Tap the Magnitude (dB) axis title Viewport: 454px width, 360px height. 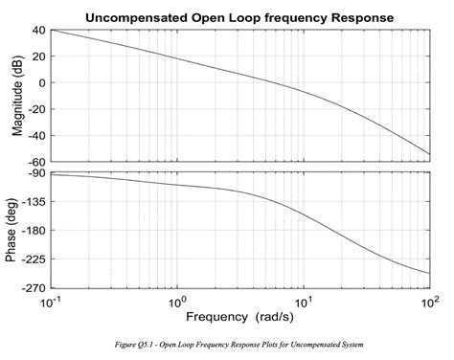pos(16,96)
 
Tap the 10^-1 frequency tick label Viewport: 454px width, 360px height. pos(52,301)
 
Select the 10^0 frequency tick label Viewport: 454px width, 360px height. pos(176,301)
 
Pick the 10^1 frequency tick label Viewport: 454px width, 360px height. pos(303,301)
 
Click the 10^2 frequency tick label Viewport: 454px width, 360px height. pos(428,301)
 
